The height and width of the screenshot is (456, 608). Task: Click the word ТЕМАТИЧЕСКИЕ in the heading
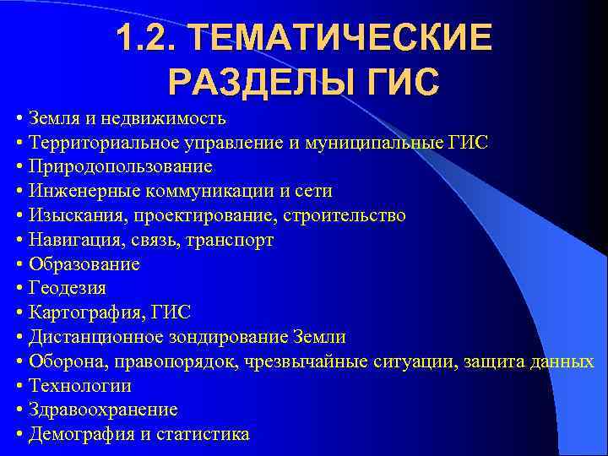(338, 38)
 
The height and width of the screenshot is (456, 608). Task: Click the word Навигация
(70, 240)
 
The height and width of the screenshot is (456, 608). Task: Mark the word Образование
(84, 264)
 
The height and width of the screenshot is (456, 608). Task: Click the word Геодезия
(68, 289)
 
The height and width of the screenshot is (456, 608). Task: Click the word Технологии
(80, 386)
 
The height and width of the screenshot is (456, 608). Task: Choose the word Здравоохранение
(103, 410)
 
